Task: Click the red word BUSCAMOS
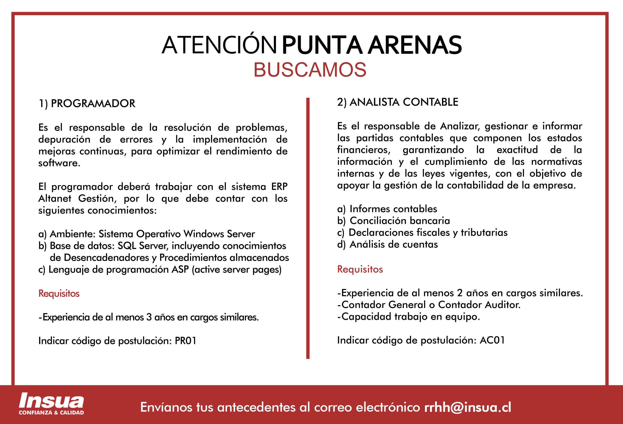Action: coord(310,70)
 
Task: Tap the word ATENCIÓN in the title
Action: coord(219,45)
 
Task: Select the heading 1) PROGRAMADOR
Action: coord(87,103)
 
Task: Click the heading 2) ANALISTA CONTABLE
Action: coord(398,102)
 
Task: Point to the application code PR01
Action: coord(185,341)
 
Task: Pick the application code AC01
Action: coord(492,340)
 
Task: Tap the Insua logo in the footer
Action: coord(51,401)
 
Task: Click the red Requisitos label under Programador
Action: coord(59,293)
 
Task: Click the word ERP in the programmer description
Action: coord(279,187)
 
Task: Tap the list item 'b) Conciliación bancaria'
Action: coord(394,221)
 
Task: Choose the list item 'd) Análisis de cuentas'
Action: coord(387,244)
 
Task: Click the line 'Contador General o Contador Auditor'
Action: coord(429,305)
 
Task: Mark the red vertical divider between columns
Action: coord(308,228)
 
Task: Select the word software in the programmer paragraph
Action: coord(59,163)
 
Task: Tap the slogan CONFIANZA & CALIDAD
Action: coord(51,412)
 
